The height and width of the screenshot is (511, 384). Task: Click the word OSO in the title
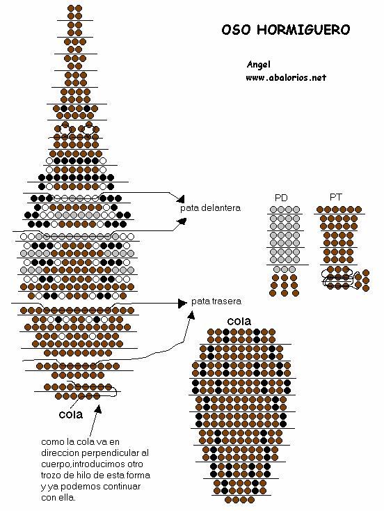[237, 30]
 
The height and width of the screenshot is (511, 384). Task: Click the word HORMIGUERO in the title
[303, 30]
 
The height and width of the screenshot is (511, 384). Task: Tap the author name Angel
[259, 65]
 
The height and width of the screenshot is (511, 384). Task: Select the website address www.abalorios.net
[286, 77]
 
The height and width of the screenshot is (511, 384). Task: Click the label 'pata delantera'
[210, 208]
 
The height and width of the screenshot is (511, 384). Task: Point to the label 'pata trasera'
[216, 301]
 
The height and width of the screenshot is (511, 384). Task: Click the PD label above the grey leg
[281, 198]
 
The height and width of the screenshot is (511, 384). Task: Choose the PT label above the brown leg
[335, 197]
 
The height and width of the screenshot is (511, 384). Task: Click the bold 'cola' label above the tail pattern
[239, 322]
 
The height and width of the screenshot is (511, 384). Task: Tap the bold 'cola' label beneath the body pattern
[71, 414]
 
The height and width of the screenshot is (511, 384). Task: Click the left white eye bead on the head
[65, 129]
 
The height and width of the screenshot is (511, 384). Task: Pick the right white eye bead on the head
[88, 129]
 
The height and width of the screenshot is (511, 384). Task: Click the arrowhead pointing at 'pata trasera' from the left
[182, 304]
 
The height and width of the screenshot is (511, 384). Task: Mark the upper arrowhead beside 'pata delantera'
[181, 198]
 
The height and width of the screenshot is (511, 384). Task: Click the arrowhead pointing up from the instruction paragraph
[98, 409]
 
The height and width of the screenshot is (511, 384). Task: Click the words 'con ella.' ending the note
[58, 498]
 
